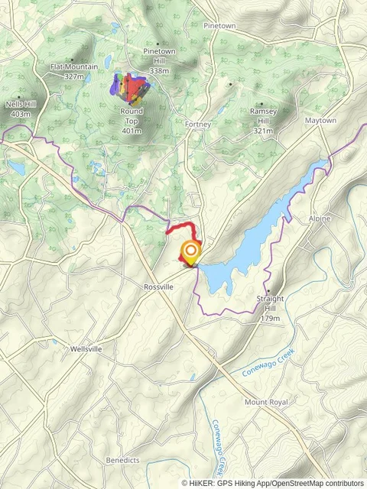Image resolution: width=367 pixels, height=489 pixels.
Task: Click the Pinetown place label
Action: [x=219, y=25]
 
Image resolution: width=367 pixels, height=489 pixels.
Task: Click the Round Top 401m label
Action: [x=132, y=121]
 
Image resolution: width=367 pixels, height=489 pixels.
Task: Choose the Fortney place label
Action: [x=198, y=124]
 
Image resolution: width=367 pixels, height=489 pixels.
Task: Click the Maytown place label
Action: [x=320, y=121]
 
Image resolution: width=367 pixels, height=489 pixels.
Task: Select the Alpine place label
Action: [x=320, y=219]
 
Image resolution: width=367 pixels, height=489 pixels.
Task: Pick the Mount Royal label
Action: [x=266, y=402]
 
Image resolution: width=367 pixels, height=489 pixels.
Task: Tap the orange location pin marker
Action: [x=190, y=251]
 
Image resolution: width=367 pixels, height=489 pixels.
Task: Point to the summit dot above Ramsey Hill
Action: [x=262, y=104]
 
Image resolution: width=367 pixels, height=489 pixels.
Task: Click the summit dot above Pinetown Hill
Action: [x=158, y=44]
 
